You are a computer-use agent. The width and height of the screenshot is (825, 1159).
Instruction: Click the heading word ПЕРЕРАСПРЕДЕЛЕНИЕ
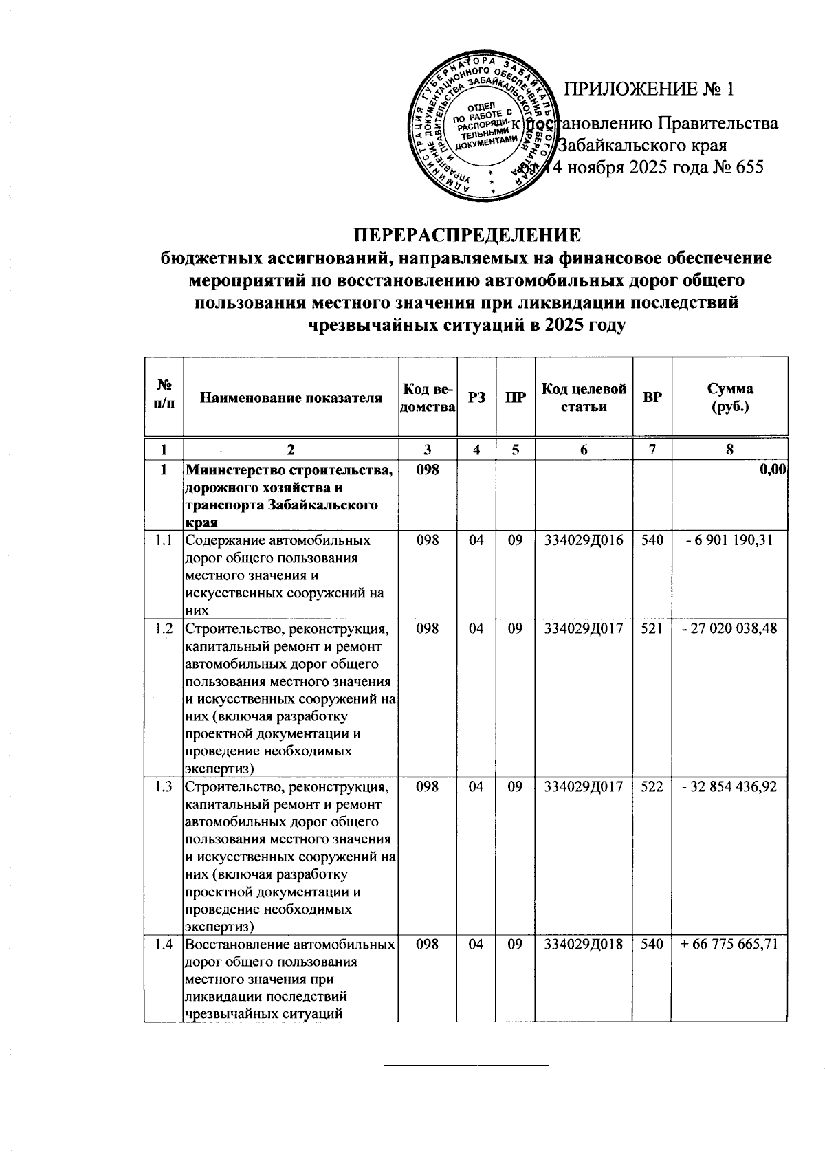coord(467,235)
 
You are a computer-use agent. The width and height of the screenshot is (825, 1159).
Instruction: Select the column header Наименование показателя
coord(291,397)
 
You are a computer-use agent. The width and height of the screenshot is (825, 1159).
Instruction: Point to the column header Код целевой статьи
coord(584,397)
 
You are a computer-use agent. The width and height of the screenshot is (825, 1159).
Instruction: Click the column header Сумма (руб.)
coord(729,397)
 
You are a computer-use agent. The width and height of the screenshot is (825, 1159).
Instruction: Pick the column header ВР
coord(652,397)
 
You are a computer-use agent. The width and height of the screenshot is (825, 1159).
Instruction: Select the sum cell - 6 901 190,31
coord(729,540)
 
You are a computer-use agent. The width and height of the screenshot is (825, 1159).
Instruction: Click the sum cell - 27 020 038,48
coord(729,628)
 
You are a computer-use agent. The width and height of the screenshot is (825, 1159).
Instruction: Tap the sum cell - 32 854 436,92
coord(729,786)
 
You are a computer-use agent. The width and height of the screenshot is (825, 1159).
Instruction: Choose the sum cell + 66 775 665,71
coord(729,945)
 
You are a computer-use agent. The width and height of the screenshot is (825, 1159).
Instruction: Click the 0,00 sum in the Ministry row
coord(772,470)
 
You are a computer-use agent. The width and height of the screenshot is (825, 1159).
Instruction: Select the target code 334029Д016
coord(584,540)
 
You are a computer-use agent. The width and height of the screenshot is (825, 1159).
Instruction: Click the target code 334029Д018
coord(584,945)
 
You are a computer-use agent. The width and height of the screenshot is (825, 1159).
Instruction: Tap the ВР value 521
coord(652,628)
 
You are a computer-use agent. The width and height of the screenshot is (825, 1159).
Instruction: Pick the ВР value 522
coord(652,786)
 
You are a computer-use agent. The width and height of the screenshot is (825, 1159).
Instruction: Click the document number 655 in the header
coord(748,167)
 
